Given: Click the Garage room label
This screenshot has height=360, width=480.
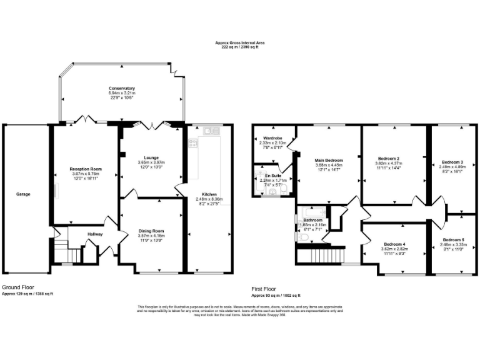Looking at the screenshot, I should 23,194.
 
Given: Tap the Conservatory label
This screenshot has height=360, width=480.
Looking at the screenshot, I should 122,88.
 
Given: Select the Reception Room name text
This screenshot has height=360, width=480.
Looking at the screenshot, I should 86,169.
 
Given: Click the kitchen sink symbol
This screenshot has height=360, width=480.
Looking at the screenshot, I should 210,131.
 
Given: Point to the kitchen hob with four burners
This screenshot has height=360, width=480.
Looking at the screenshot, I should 194,144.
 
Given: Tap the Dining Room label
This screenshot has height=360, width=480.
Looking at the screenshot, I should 151,231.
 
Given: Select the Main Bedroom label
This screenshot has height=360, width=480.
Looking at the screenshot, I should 329,160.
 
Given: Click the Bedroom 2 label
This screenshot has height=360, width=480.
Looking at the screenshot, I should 388,159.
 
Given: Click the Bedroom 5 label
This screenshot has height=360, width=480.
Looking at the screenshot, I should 453,239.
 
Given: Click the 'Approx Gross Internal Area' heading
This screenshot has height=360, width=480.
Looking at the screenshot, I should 240,42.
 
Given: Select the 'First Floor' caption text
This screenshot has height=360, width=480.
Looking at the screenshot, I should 264,288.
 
